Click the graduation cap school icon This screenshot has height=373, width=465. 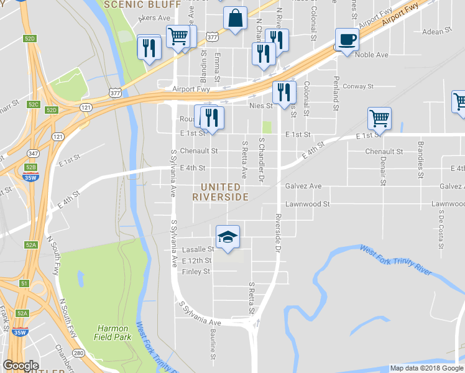228,237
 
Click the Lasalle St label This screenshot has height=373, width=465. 197,249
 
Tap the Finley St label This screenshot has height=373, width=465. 196,272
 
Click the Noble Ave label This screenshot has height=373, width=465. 371,55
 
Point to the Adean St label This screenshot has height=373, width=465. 437,32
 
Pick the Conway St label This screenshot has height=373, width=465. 357,86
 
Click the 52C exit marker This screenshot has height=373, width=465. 34,104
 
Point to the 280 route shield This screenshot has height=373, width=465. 78,353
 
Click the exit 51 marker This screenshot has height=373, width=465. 24,283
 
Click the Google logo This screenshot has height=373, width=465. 21,366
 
